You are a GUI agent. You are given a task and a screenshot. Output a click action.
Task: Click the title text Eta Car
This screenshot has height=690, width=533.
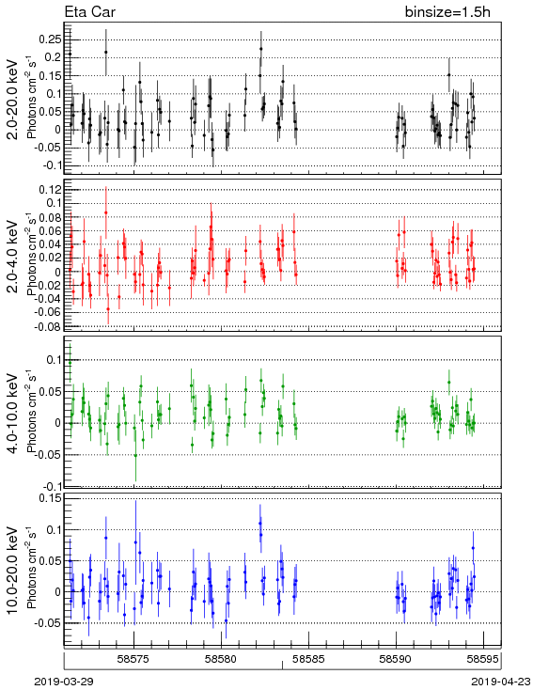90,12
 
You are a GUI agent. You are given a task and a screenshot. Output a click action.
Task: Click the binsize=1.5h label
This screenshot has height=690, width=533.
447,12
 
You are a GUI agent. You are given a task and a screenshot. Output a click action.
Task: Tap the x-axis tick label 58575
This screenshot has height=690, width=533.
134,659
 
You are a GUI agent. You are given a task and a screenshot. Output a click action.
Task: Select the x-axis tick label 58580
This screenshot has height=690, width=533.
222,659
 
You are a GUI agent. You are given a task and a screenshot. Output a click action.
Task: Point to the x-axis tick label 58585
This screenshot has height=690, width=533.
309,659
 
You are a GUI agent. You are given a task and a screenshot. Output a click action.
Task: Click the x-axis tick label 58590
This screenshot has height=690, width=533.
396,659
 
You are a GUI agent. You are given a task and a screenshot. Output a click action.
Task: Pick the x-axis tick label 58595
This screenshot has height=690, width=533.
483,659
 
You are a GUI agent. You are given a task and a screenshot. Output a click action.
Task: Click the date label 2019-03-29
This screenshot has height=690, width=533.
64,682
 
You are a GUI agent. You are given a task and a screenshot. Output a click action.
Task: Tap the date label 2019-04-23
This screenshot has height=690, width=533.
501,682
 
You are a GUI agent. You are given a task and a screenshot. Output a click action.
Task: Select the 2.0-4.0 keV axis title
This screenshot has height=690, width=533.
13,256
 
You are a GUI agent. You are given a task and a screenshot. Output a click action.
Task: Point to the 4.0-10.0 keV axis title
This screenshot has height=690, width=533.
13,414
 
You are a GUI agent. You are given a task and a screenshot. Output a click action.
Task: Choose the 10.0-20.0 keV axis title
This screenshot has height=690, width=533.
13,571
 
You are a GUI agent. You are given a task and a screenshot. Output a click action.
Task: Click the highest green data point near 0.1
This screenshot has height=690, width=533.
70,363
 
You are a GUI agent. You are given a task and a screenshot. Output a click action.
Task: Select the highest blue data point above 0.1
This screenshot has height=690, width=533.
260,524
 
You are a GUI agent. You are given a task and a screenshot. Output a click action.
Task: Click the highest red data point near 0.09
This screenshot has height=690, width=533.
106,212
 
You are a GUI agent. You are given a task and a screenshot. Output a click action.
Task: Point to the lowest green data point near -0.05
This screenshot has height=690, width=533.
135,455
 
